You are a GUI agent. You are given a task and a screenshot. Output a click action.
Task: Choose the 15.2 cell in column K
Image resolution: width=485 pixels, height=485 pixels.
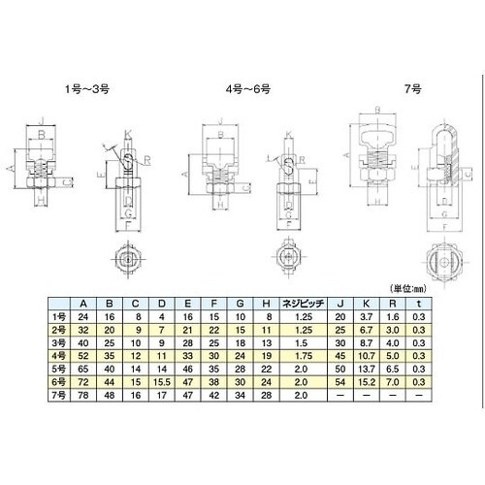[x=366, y=381]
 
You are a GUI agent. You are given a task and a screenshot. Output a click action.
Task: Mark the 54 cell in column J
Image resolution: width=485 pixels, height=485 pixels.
[x=340, y=381]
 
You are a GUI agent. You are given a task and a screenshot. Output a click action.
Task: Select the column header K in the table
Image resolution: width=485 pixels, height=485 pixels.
[x=366, y=302]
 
